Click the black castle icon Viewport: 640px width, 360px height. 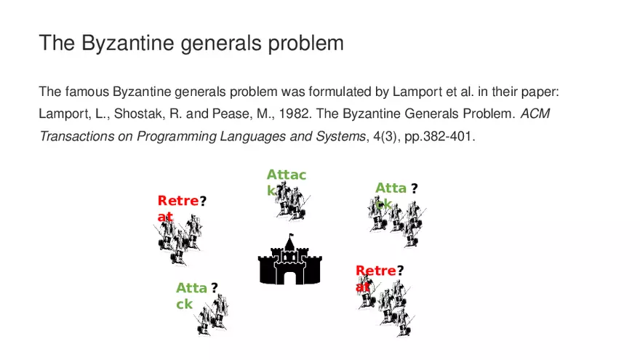[289, 263]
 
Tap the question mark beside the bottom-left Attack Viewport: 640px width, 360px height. [215, 288]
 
